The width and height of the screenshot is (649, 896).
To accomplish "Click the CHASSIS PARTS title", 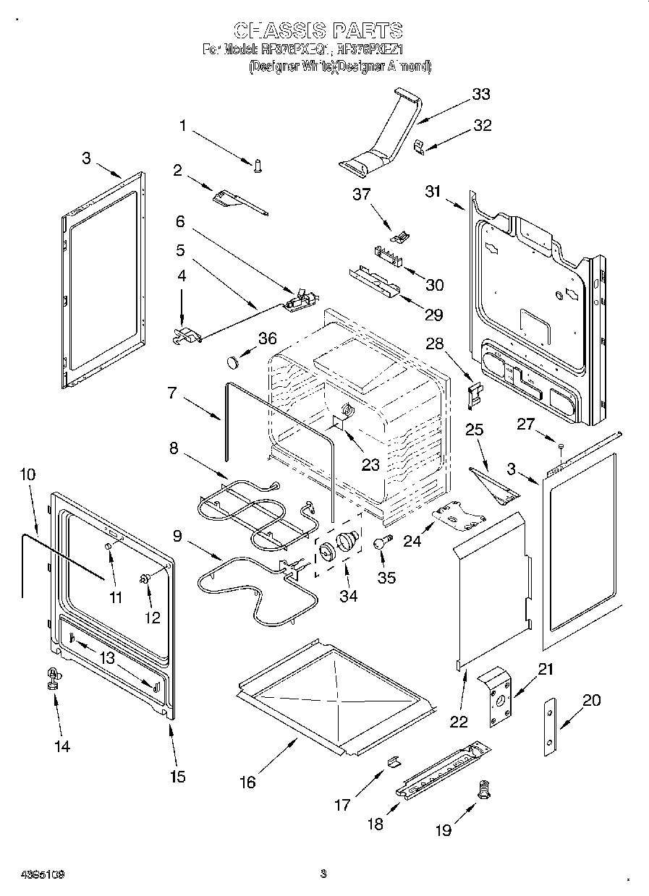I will point(318,30).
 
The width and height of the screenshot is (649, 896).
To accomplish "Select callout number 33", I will point(480,94).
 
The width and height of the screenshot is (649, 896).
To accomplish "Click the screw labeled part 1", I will point(257,166).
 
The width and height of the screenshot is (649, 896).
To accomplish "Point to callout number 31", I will point(433,192).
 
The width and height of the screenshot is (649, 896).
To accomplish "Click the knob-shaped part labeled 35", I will point(381,542).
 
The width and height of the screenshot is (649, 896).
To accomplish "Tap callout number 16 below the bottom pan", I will point(247,782).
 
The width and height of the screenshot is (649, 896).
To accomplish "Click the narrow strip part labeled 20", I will point(551,727).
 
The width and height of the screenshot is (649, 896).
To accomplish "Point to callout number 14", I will point(62,746).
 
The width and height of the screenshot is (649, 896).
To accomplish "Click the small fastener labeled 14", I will point(53,677).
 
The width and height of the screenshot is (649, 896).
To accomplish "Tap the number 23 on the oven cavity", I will point(370,465).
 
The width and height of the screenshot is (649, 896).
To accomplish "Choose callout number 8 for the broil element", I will point(174,448).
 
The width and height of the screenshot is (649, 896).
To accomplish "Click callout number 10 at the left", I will point(27,474).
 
